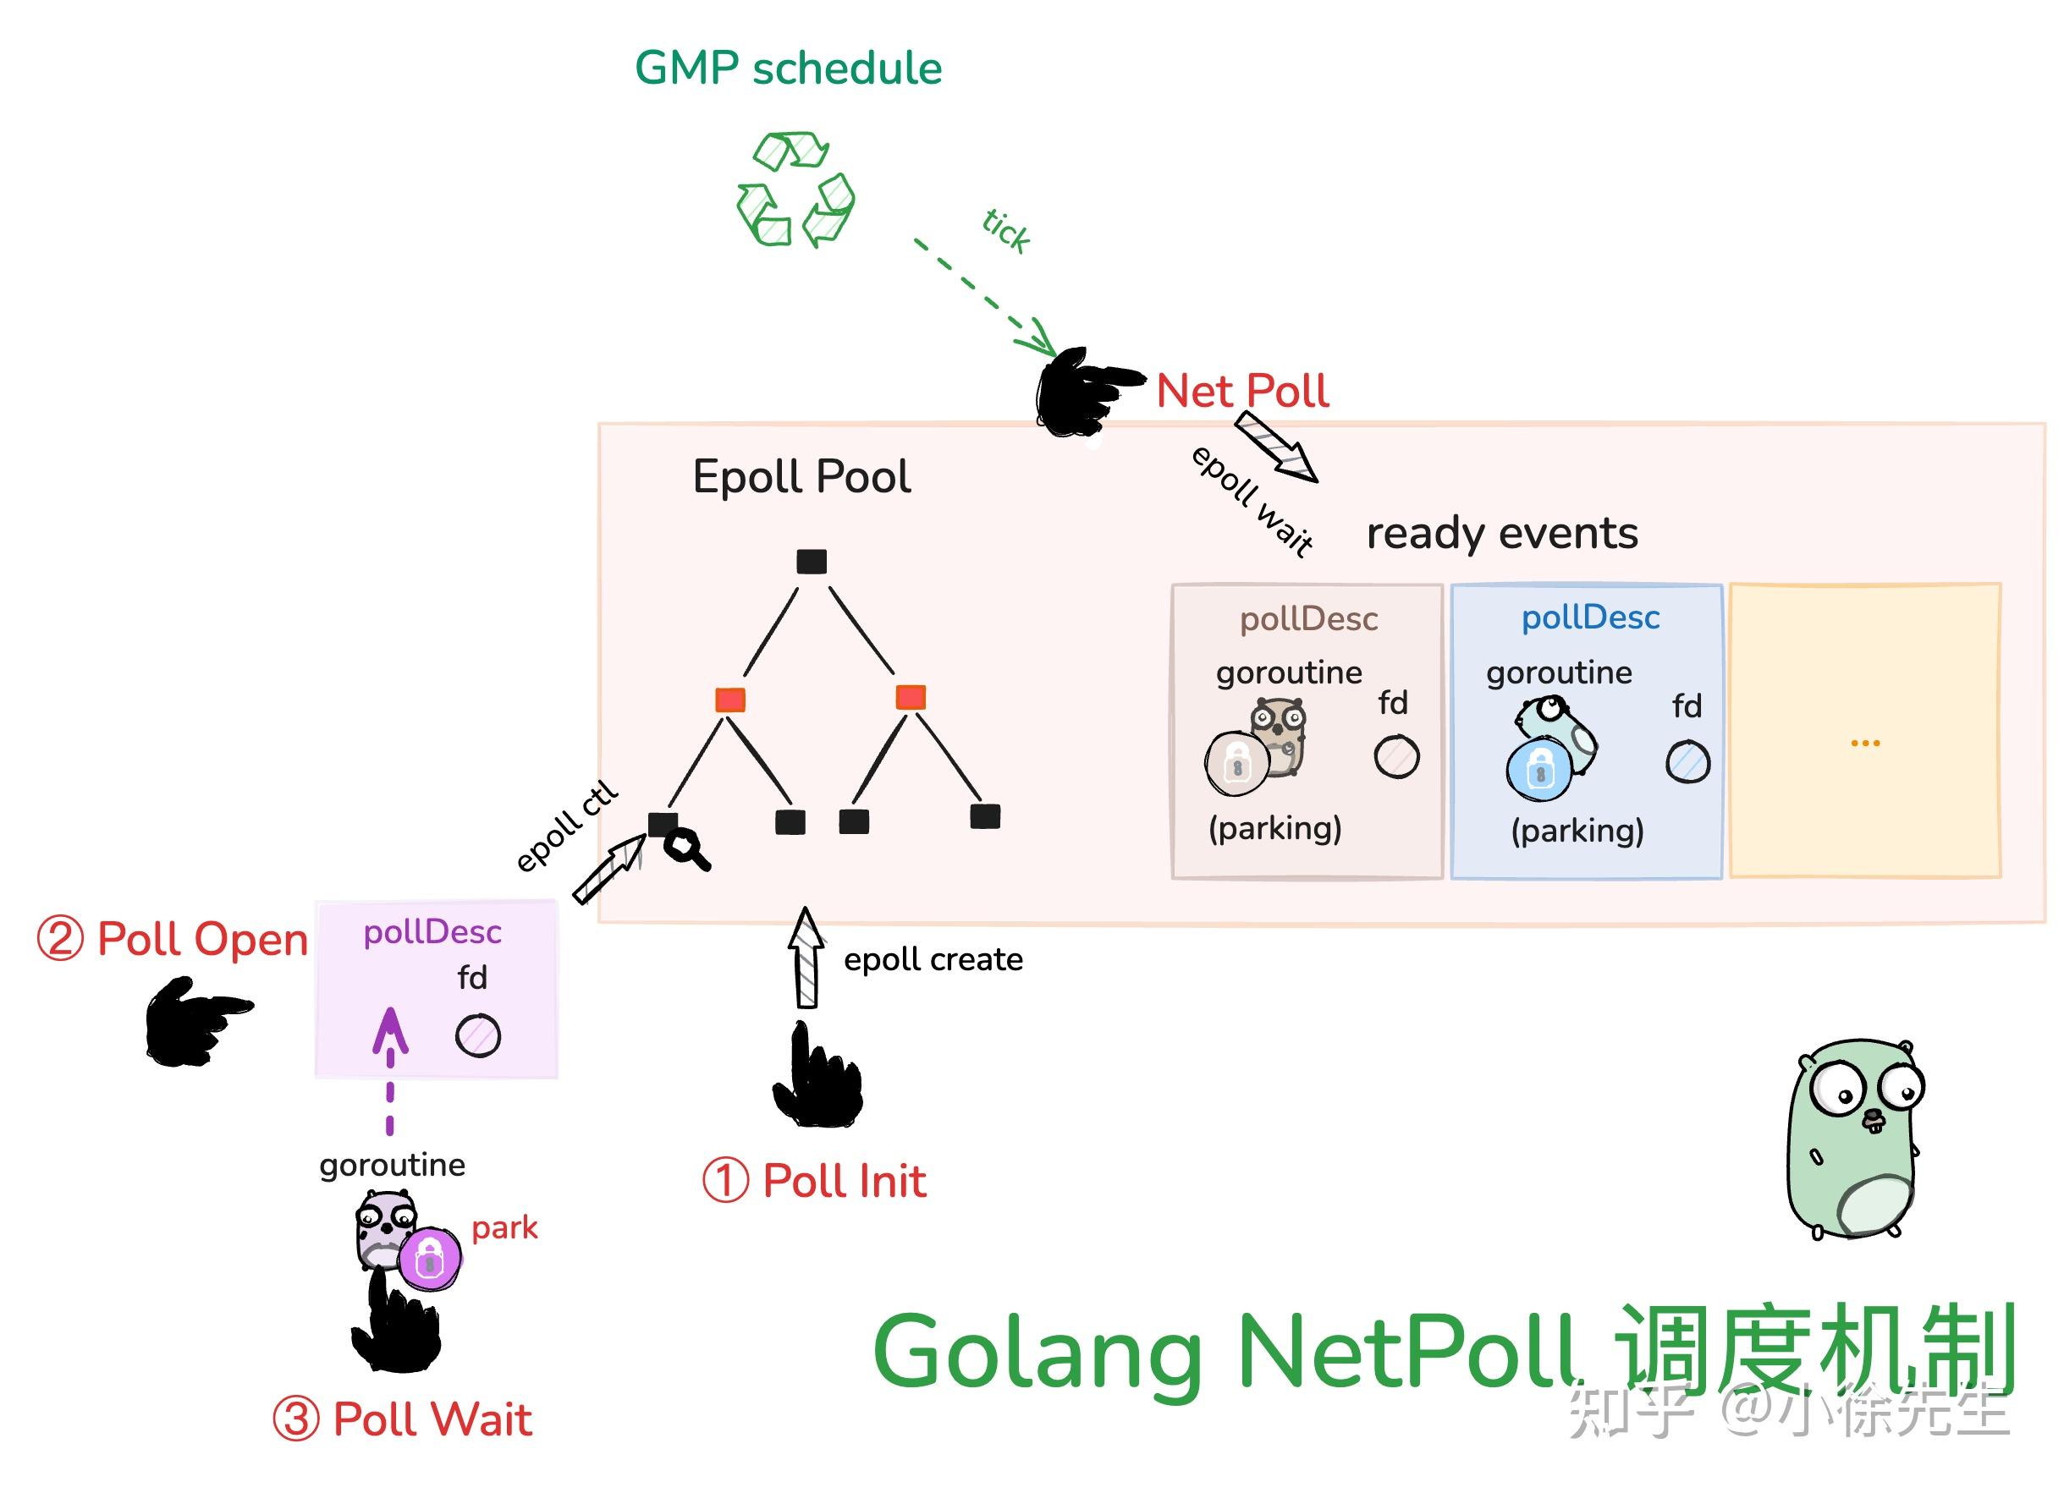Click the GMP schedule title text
[x=788, y=69]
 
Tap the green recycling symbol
[x=795, y=190]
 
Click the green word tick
[x=1005, y=230]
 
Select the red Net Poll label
[x=1241, y=391]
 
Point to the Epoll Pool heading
[x=801, y=477]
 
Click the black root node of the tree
[x=811, y=562]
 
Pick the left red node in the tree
[x=729, y=700]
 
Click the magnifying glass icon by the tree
[x=686, y=850]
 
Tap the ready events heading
[x=1501, y=533]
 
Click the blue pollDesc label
[x=1590, y=618]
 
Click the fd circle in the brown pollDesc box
[x=1396, y=757]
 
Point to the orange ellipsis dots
[x=1864, y=744]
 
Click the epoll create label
[x=933, y=960]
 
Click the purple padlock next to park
[x=430, y=1260]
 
